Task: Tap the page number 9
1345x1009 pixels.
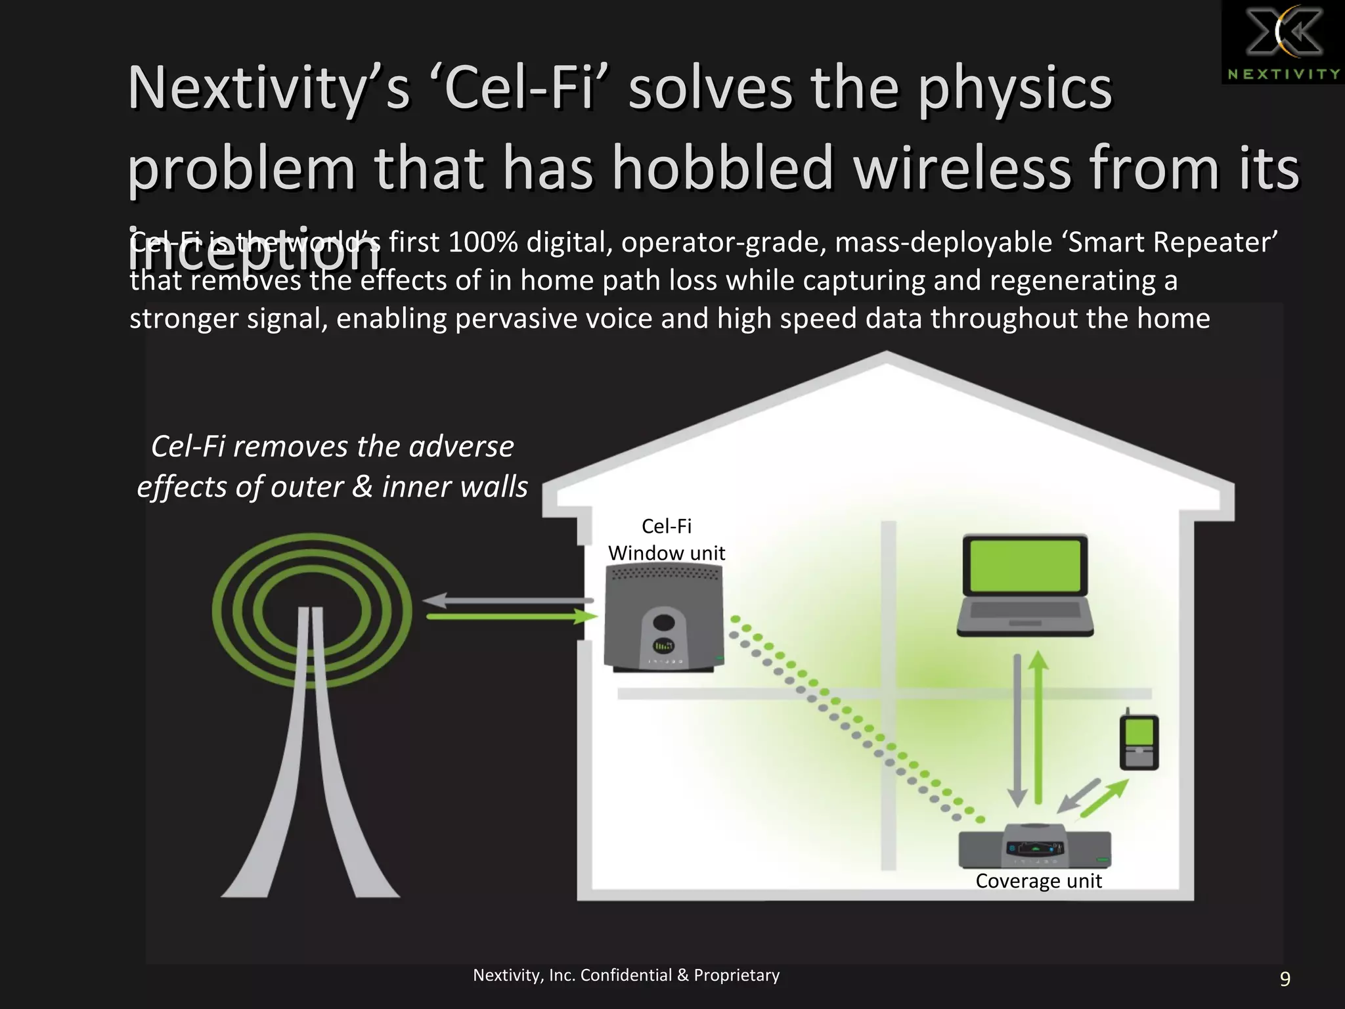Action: pyautogui.click(x=1285, y=979)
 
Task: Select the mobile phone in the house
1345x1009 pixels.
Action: pyautogui.click(x=1139, y=741)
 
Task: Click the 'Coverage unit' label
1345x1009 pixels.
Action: pyautogui.click(x=1038, y=881)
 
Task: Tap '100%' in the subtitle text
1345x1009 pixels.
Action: pyautogui.click(x=483, y=242)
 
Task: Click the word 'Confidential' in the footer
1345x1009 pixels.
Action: pyautogui.click(x=627, y=975)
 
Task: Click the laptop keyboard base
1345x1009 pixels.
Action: pyautogui.click(x=1025, y=617)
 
